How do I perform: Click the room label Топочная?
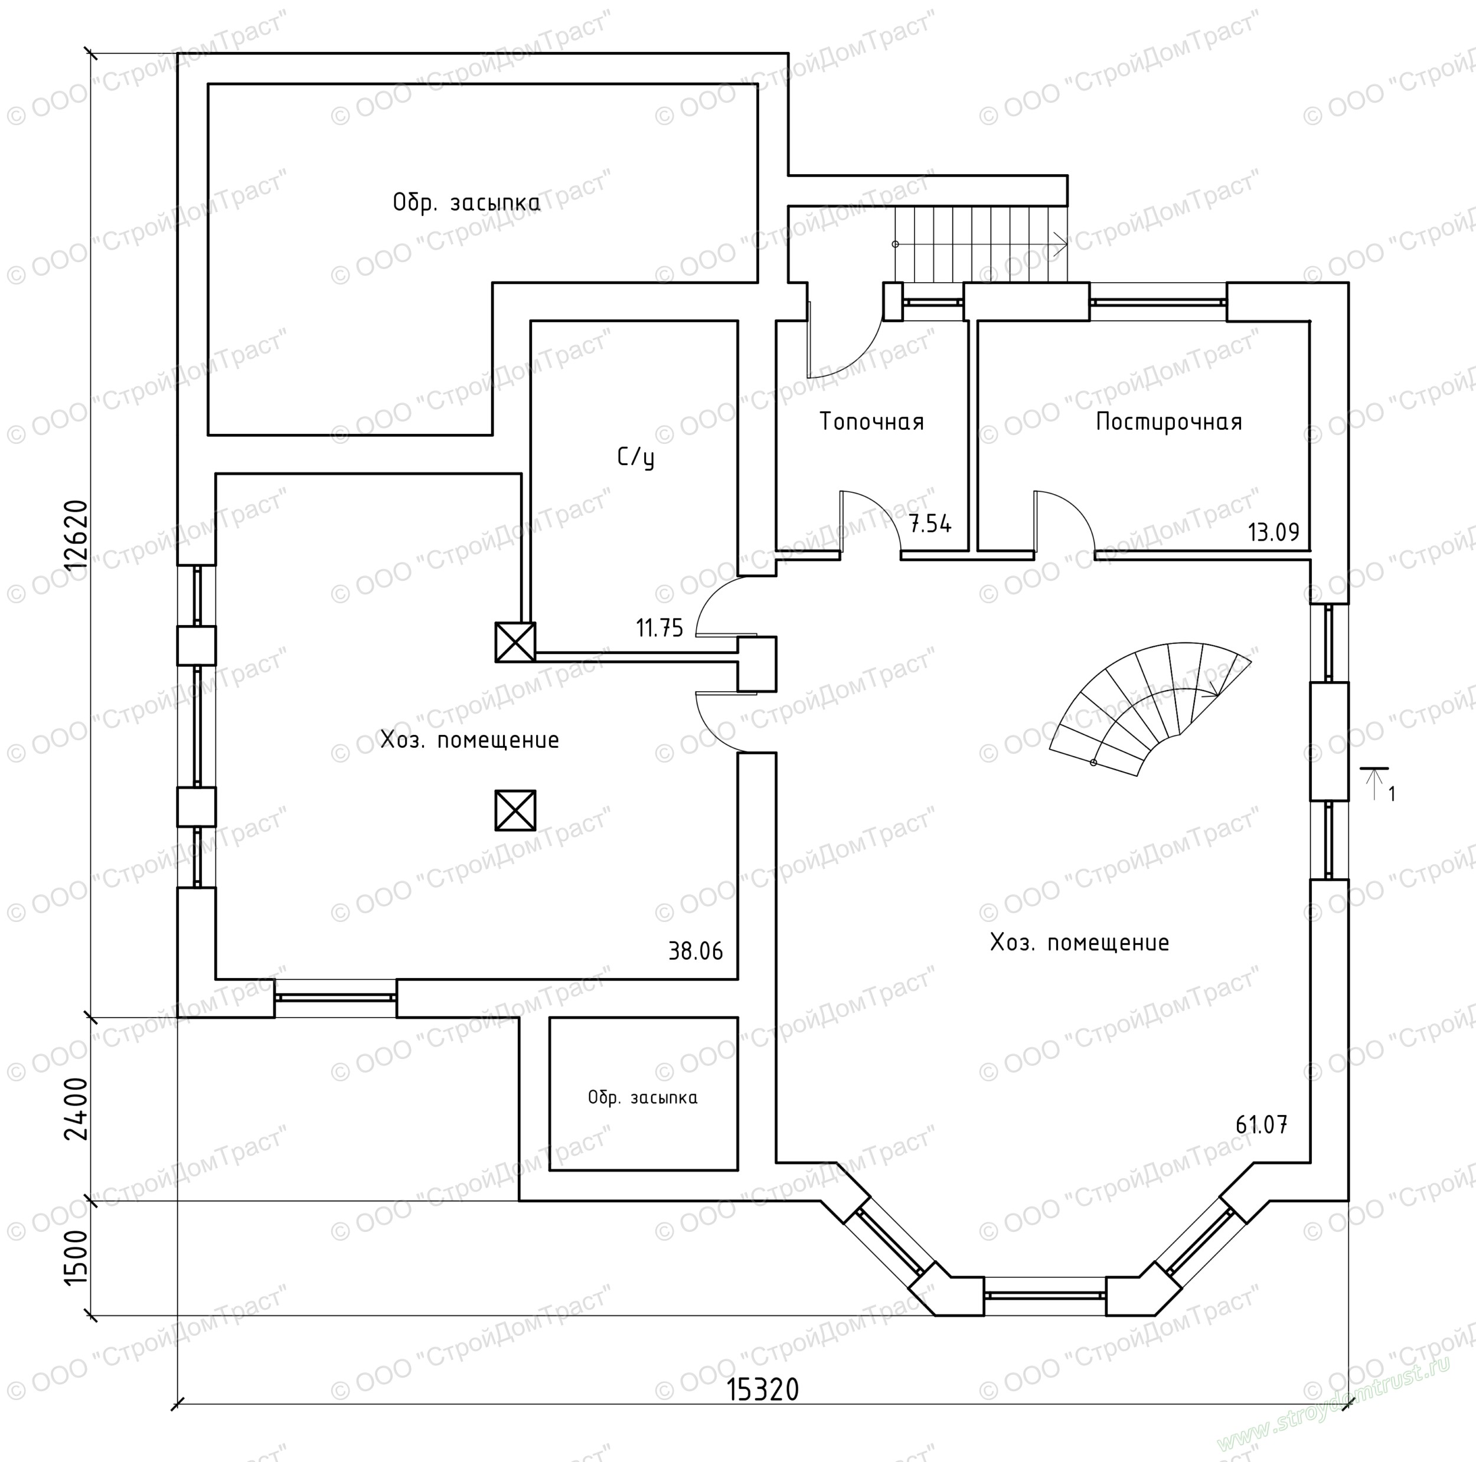(x=871, y=421)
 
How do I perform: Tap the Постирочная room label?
(x=1169, y=421)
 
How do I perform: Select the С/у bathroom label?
(x=636, y=457)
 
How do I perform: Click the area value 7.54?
(x=930, y=524)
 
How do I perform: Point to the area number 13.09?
(x=1273, y=532)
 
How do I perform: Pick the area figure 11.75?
(x=660, y=628)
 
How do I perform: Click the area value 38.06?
(x=695, y=951)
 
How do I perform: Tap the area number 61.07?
(x=1261, y=1124)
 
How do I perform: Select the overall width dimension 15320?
(x=762, y=1389)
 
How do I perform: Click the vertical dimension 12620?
(x=77, y=535)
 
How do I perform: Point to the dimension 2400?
(x=77, y=1109)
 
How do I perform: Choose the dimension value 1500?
(x=77, y=1258)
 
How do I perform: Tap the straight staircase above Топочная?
(x=981, y=244)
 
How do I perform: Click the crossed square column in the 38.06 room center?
(x=515, y=810)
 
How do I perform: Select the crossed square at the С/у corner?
(x=515, y=642)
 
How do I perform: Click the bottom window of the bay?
(x=1044, y=1296)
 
